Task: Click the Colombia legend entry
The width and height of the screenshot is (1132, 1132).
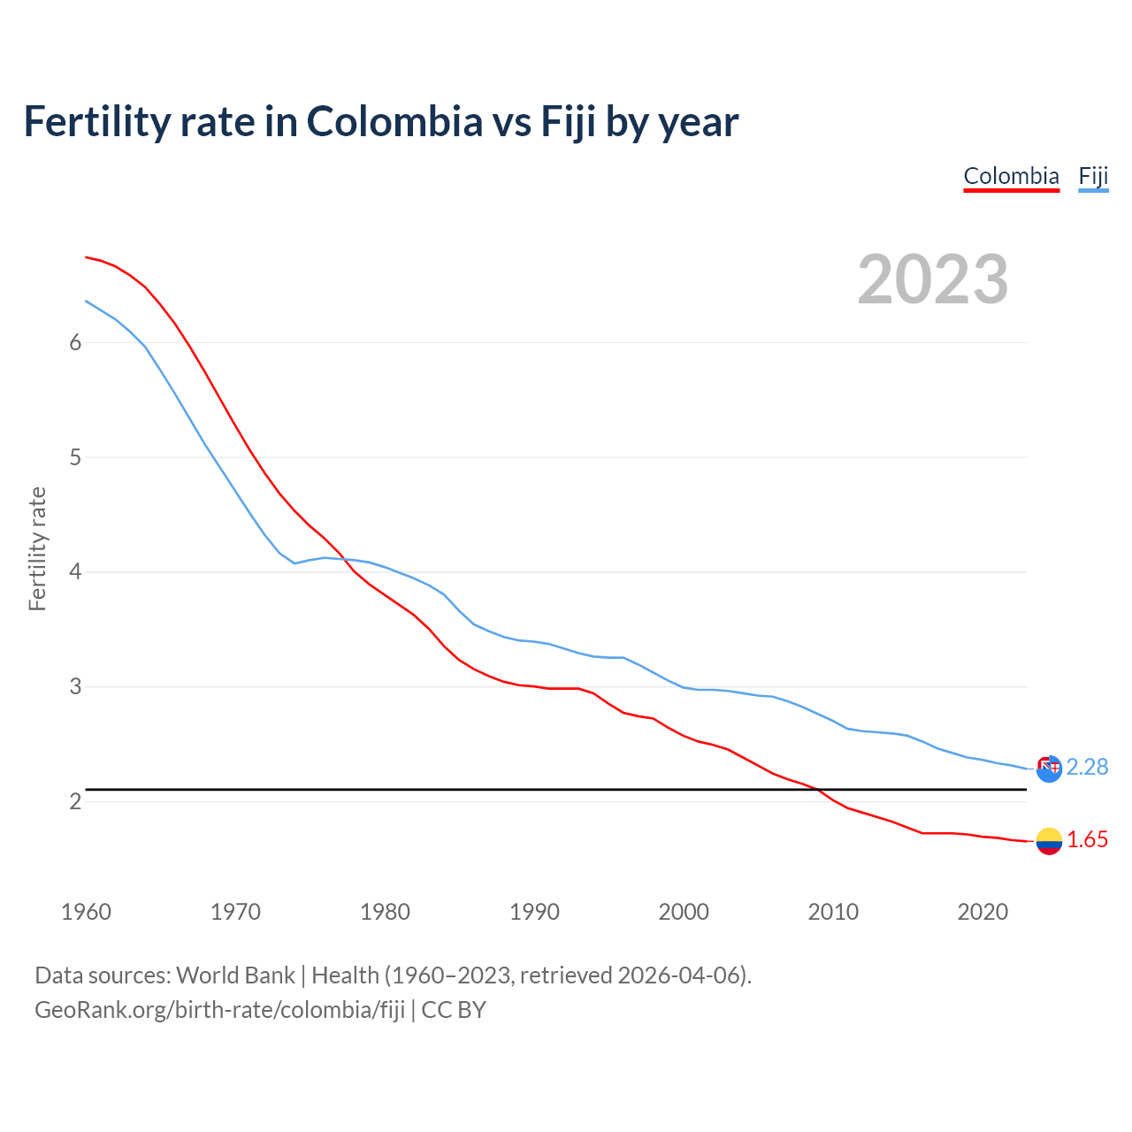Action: [1011, 176]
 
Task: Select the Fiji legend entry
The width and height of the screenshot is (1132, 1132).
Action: [1093, 176]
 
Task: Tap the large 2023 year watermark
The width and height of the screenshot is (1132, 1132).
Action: [932, 279]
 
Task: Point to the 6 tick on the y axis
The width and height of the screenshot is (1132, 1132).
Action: [75, 343]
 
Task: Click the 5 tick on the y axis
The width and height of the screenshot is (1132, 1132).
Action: [75, 458]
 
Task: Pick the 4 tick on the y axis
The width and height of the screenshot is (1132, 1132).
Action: [75, 572]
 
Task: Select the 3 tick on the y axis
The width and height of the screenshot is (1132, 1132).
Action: [75, 687]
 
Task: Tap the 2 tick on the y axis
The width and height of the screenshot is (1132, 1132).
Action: [75, 802]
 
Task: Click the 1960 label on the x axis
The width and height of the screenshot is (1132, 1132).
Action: [86, 912]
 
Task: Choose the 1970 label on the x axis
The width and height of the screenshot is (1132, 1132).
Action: [235, 912]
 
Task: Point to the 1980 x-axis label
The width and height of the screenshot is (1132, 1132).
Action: [385, 912]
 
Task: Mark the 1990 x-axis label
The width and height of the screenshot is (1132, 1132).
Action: [534, 912]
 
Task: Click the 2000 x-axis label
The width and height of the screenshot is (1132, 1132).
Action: [684, 912]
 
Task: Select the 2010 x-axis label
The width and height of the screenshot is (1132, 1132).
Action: [833, 912]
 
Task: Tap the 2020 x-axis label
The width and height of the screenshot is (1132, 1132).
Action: [983, 912]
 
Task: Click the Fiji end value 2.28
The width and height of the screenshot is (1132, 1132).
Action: [1087, 768]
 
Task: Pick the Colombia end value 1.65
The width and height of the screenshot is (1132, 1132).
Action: [1087, 840]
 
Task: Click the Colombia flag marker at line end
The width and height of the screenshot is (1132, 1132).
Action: [1049, 841]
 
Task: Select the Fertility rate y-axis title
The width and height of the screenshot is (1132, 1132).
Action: [37, 548]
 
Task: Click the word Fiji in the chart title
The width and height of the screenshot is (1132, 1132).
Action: [568, 122]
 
